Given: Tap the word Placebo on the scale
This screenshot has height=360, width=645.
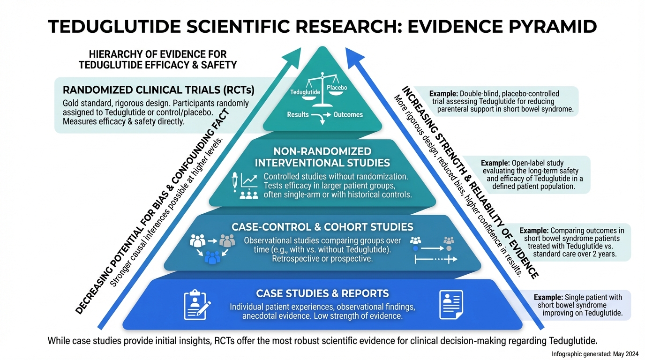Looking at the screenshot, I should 337,88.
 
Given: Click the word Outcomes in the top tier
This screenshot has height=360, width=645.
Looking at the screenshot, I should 348,114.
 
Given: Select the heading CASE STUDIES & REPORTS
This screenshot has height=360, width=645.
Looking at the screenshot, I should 322,294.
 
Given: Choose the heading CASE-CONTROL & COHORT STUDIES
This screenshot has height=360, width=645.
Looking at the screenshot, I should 322,227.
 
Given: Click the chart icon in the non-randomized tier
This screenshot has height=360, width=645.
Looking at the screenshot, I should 248,181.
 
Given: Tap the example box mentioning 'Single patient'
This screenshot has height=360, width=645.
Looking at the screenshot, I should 580,305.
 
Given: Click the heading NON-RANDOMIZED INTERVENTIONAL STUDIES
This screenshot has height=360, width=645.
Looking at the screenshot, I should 322,157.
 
